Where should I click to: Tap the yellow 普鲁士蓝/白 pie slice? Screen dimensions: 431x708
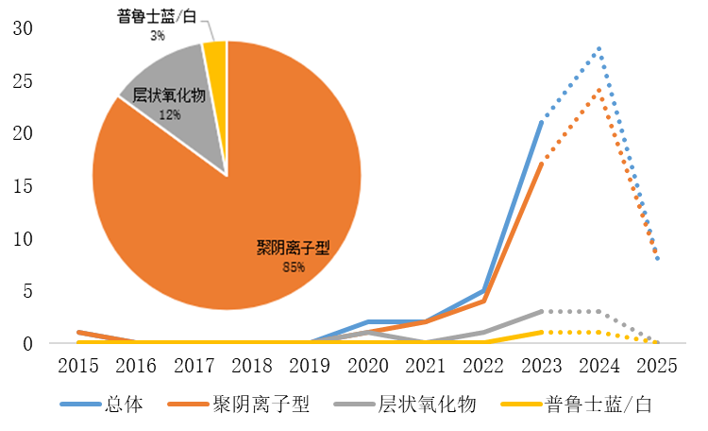(x=216, y=59)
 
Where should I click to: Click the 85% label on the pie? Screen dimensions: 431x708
(x=293, y=267)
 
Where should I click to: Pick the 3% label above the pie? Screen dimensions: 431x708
(x=157, y=36)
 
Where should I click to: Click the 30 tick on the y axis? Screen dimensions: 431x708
(x=23, y=29)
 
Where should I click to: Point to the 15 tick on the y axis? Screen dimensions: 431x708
(x=23, y=186)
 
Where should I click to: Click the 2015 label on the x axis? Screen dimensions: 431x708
(x=78, y=365)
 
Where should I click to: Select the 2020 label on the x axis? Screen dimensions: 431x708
(x=367, y=365)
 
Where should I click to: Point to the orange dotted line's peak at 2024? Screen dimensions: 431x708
(x=598, y=91)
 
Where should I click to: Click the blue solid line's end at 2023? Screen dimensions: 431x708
(x=541, y=122)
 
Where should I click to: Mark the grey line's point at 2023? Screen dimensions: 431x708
(x=541, y=311)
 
